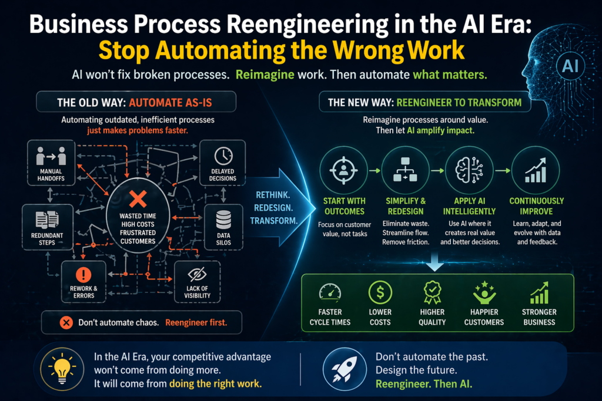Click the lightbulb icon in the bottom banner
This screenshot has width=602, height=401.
(62, 369)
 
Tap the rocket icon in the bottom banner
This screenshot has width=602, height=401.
(345, 369)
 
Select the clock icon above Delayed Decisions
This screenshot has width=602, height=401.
(223, 156)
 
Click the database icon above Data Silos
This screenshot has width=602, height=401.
(223, 220)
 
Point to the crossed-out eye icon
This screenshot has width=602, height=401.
(198, 275)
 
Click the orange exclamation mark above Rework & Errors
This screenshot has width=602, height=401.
(83, 275)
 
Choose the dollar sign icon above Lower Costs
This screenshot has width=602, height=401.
(380, 292)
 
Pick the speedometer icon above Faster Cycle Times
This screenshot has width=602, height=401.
(330, 292)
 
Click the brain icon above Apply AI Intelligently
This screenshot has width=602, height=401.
(469, 170)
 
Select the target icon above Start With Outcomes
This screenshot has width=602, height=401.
(343, 170)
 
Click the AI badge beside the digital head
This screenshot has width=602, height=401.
(570, 66)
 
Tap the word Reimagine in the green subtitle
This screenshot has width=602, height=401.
(265, 75)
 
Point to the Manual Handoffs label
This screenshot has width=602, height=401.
(51, 175)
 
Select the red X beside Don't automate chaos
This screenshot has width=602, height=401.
(66, 323)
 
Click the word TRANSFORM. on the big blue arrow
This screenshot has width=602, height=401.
(274, 221)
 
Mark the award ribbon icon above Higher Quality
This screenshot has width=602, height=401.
(432, 292)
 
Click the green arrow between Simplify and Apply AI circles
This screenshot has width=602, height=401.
(437, 171)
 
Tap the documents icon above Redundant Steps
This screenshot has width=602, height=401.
(47, 220)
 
